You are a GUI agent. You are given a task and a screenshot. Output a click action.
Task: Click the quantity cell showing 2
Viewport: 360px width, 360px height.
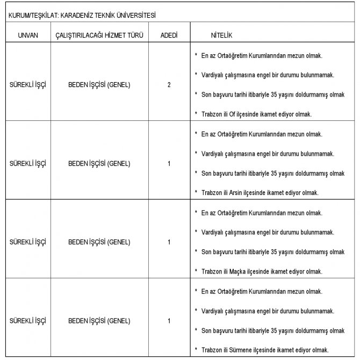click(x=169, y=84)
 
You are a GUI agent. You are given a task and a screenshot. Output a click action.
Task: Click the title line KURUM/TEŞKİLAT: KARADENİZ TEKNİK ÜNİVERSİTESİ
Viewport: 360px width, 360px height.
click(x=79, y=16)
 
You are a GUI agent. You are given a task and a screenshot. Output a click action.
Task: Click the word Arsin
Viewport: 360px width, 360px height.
click(x=237, y=192)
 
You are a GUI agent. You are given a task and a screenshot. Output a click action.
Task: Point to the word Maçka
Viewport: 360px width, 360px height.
click(x=238, y=271)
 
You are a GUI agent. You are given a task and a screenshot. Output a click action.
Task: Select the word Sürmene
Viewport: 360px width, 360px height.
click(x=241, y=350)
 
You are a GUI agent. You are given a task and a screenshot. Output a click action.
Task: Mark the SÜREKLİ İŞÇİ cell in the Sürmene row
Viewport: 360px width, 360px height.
click(x=27, y=321)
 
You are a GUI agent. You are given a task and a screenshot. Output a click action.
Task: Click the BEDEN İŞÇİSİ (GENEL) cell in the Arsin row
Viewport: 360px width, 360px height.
click(x=99, y=163)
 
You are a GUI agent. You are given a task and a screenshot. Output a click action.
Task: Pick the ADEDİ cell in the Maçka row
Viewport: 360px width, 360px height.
click(x=169, y=242)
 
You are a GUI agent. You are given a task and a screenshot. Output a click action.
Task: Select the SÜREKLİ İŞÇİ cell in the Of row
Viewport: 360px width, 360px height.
click(x=27, y=84)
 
